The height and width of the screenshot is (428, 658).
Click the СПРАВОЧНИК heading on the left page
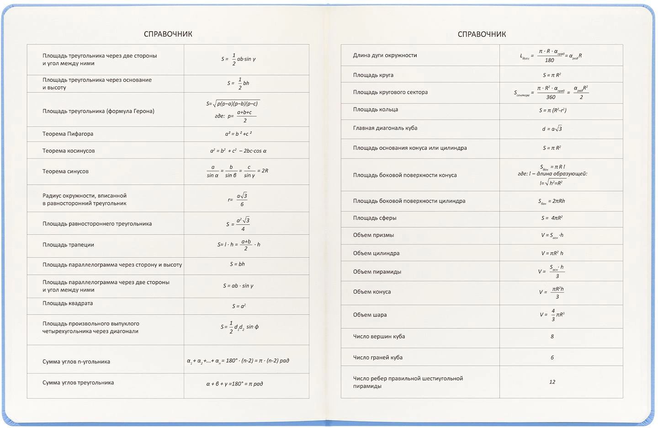168,34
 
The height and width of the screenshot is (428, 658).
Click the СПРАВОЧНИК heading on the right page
482,34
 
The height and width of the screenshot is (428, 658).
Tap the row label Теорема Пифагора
68,134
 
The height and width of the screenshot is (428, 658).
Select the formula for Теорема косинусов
238,150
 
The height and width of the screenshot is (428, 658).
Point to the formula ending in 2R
237,171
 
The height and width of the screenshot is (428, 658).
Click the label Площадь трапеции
68,245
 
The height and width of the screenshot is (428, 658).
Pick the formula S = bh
237,264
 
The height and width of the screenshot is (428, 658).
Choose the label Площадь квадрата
68,303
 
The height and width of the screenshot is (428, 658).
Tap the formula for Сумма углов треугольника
234,384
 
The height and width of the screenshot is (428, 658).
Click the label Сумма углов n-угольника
76,362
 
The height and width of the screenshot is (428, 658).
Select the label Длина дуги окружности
385,55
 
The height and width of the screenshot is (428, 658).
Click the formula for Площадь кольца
552,110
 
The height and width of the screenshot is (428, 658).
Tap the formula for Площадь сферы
552,218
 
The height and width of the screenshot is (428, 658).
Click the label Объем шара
370,315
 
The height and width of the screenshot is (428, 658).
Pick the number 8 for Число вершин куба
552,337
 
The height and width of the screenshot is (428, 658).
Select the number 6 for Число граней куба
552,358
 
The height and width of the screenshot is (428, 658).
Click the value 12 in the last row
552,382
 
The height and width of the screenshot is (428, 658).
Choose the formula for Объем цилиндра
552,253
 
